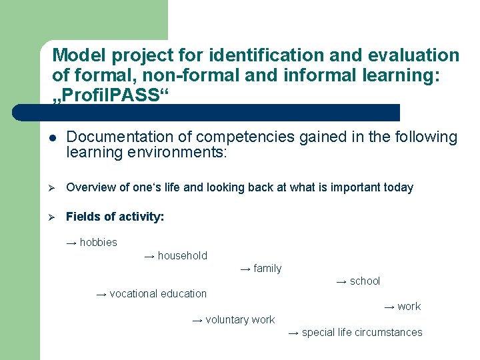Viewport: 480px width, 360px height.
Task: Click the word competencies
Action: pyautogui.click(x=247, y=137)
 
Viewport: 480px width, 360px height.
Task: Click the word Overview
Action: pyautogui.click(x=90, y=187)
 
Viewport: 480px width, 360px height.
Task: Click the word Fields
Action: pyautogui.click(x=82, y=217)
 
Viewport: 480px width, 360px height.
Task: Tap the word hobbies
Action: pyautogui.click(x=98, y=243)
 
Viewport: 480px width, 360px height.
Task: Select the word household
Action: pyautogui.click(x=182, y=255)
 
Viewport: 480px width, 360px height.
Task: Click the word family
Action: pyautogui.click(x=267, y=269)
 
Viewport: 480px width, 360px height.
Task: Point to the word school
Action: pyautogui.click(x=365, y=281)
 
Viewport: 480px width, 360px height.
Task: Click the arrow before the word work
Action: pyautogui.click(x=389, y=307)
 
